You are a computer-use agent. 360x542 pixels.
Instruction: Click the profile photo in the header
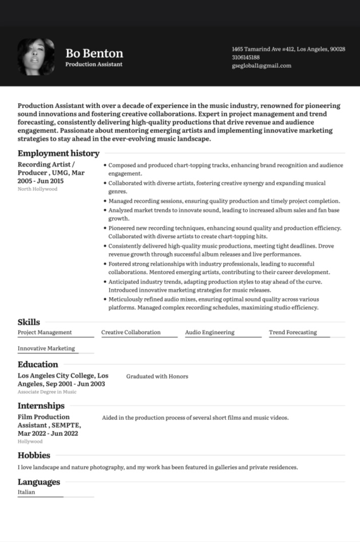[36, 57]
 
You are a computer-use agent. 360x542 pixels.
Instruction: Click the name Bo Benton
[94, 54]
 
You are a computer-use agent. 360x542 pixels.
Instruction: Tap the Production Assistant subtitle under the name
[93, 65]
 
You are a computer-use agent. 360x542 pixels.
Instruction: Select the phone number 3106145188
[245, 58]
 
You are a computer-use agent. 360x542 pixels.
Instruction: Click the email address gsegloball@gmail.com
[261, 66]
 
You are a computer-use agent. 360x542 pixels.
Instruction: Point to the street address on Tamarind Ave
[288, 50]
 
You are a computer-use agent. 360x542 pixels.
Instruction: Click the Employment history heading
[59, 153]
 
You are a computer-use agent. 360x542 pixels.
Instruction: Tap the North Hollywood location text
[37, 189]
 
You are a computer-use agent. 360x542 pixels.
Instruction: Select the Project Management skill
[44, 332]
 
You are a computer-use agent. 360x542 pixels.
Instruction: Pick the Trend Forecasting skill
[293, 332]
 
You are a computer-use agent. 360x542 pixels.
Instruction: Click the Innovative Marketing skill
[46, 349]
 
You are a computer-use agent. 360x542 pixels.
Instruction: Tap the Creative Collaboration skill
[131, 332]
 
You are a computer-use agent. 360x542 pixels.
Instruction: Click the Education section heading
[38, 364]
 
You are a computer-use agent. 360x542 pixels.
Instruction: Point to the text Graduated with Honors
[157, 376]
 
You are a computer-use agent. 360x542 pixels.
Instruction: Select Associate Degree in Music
[47, 392]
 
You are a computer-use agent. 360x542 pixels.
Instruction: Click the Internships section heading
[41, 406]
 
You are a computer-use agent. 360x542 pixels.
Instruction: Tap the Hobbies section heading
[34, 455]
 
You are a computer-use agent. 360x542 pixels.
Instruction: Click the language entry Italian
[26, 492]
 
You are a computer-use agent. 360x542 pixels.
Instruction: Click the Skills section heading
[29, 322]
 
